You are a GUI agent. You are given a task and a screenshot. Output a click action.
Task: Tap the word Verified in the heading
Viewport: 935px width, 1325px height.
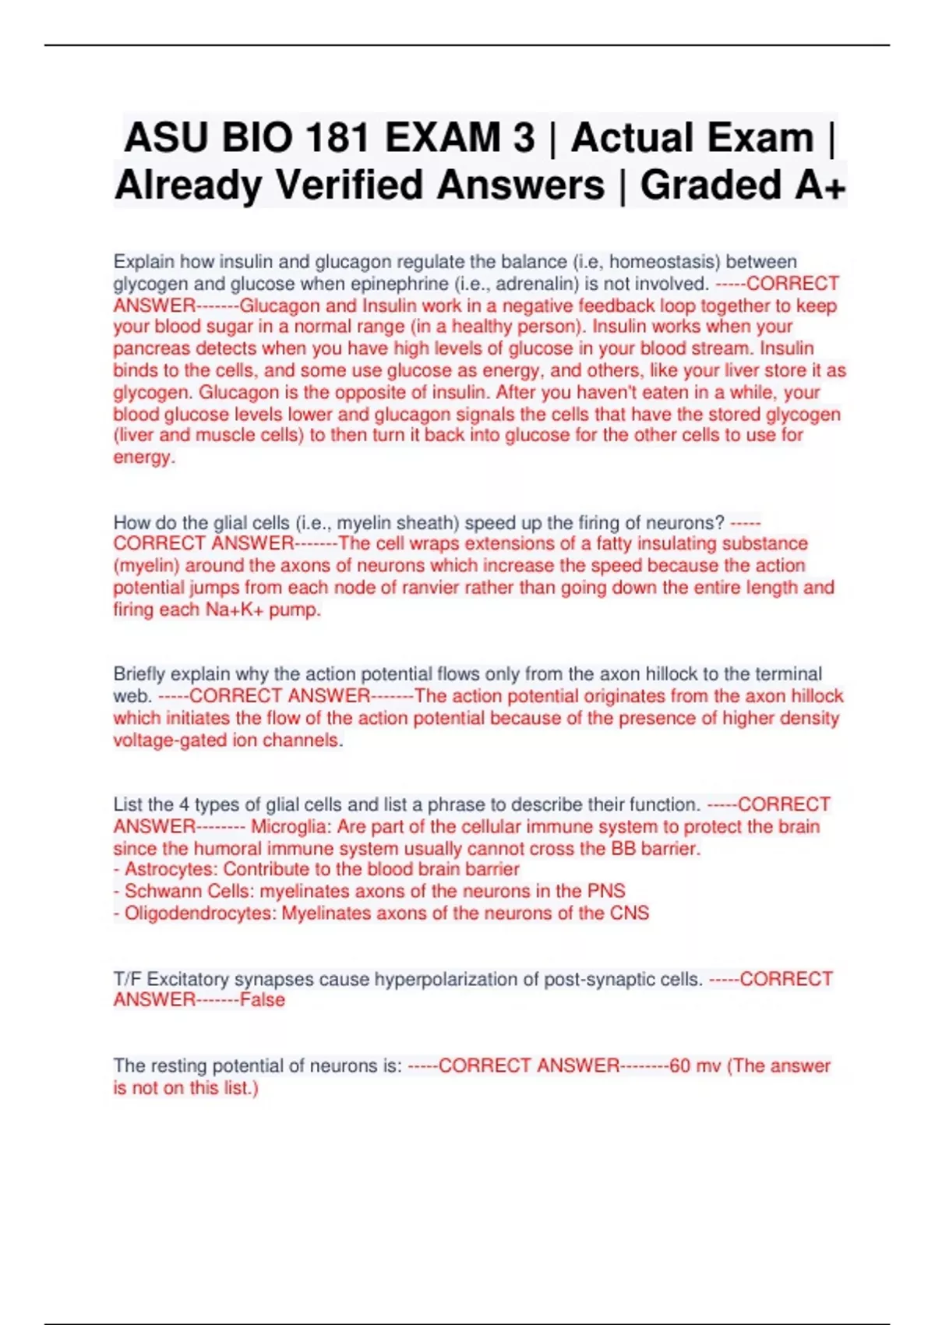(x=363, y=185)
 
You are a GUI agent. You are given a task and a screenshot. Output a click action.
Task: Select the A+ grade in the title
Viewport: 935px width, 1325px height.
(x=820, y=185)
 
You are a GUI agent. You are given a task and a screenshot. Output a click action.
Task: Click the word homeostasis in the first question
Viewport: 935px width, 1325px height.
(x=664, y=262)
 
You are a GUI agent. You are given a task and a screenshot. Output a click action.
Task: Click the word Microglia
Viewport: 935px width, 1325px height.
(x=291, y=827)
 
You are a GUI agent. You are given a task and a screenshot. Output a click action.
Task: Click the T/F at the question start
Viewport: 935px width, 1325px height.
(x=127, y=979)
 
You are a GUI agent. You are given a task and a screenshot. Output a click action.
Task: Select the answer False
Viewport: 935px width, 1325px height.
(x=263, y=1000)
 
